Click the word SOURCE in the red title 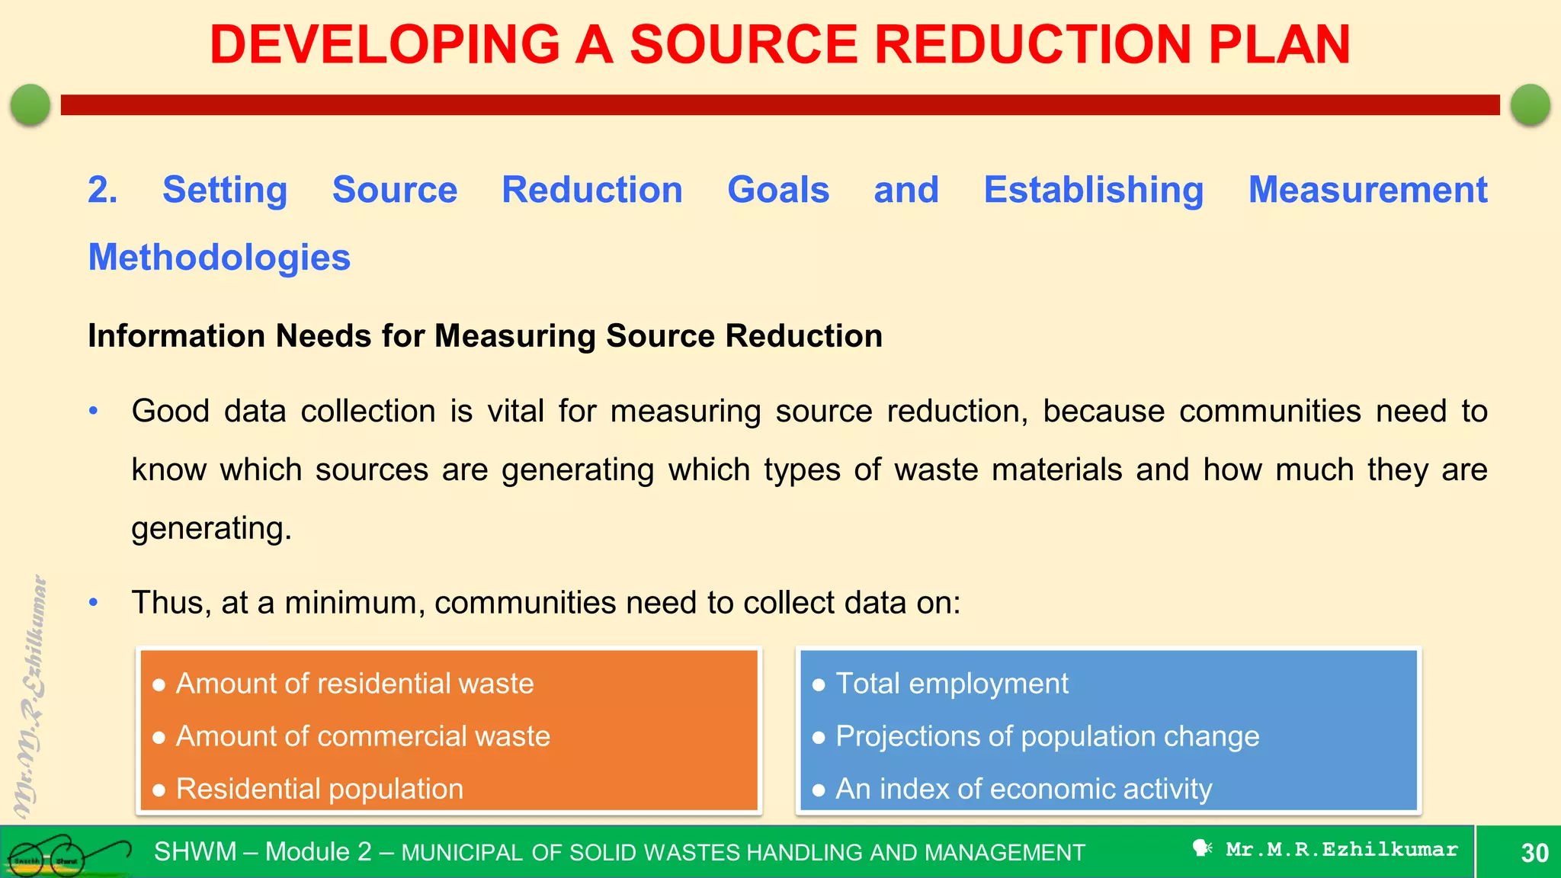tap(744, 44)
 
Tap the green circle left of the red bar tap(30, 104)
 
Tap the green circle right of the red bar tap(1530, 104)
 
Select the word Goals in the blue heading tap(777, 190)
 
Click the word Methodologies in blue tap(220, 258)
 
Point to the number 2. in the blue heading tap(102, 190)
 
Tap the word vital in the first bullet tap(515, 412)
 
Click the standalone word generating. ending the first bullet tap(211, 528)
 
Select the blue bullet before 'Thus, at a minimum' tap(94, 603)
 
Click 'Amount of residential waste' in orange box tap(354, 684)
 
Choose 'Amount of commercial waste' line tap(363, 736)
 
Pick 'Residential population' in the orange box tap(319, 789)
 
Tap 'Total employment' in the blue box tap(951, 684)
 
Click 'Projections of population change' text tap(1047, 736)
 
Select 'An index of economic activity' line tap(1023, 789)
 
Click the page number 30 tap(1534, 853)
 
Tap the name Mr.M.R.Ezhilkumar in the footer tap(1341, 849)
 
